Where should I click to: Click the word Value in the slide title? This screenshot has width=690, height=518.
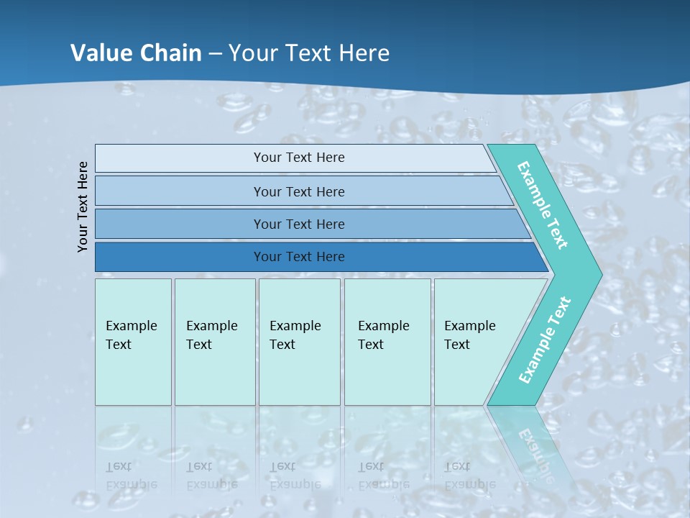pyautogui.click(x=99, y=53)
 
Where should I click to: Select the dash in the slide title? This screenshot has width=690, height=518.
pyautogui.click(x=215, y=54)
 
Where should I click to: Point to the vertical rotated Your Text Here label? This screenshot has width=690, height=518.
pyautogui.click(x=83, y=206)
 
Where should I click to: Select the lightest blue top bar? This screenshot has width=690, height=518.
pyautogui.click(x=298, y=158)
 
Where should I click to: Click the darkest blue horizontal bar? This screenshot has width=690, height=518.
pyautogui.click(x=298, y=257)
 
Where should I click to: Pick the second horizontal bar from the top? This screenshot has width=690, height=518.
pyautogui.click(x=298, y=191)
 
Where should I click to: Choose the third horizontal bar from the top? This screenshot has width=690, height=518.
pyautogui.click(x=298, y=224)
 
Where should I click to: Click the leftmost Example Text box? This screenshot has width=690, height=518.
pyautogui.click(x=133, y=342)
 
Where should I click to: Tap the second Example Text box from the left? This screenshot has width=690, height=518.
pyautogui.click(x=214, y=342)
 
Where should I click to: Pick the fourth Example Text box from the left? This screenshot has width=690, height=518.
pyautogui.click(x=387, y=342)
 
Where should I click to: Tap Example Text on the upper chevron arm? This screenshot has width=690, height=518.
pyautogui.click(x=543, y=205)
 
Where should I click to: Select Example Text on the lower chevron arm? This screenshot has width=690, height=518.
pyautogui.click(x=545, y=340)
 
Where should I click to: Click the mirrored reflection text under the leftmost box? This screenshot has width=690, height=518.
pyautogui.click(x=131, y=476)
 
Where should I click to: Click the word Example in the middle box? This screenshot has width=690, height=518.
pyautogui.click(x=295, y=326)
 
